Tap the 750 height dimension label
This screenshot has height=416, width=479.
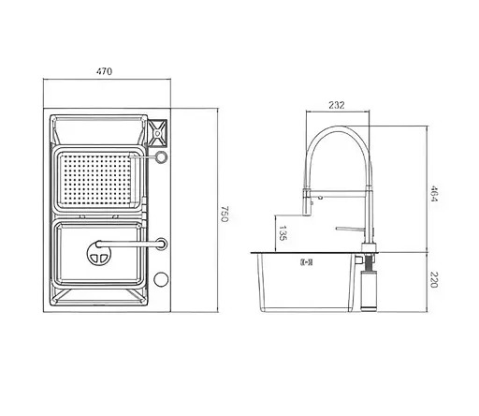pyautogui.click(x=226, y=213)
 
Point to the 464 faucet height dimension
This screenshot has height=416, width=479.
pyautogui.click(x=436, y=195)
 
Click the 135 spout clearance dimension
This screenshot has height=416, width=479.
pyautogui.click(x=283, y=231)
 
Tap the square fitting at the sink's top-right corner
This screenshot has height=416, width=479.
pyautogui.click(x=158, y=129)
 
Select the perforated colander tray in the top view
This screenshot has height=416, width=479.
pyautogui.click(x=102, y=179)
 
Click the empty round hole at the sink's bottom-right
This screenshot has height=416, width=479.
pyautogui.click(x=161, y=279)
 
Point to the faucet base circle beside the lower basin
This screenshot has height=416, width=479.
pyautogui.click(x=162, y=244)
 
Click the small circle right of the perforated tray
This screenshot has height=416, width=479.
pyautogui.click(x=161, y=158)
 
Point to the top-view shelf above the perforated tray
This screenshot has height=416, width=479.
pyautogui.click(x=98, y=130)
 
